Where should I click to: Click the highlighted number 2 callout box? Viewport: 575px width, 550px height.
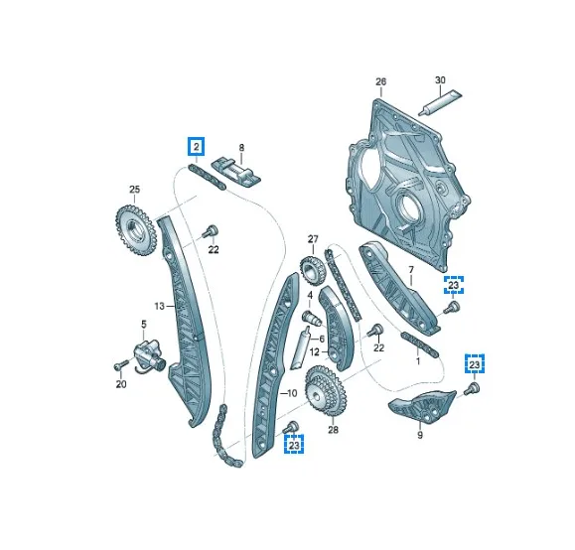pos(197,147)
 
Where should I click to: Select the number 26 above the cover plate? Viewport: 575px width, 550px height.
pos(379,82)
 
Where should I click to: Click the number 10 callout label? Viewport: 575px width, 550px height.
pos(292,394)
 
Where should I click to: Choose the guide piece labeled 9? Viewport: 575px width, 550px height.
pos(419,407)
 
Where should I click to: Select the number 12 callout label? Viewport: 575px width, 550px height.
pos(313,351)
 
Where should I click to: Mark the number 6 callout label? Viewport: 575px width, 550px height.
pos(322,338)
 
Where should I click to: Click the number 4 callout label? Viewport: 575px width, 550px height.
pos(309,295)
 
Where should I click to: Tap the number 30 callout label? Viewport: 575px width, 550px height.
pos(440,80)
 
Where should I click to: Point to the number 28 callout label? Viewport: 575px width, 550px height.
pos(333,430)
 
